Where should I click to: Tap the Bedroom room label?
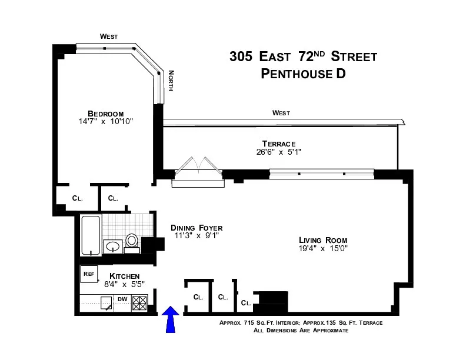(x=105, y=114)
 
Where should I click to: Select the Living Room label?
(x=322, y=240)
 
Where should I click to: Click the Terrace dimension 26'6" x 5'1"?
(x=278, y=152)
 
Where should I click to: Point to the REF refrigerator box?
(x=89, y=274)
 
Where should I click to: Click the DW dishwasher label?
(x=122, y=299)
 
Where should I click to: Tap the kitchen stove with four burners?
(x=139, y=303)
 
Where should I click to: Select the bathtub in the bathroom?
(x=90, y=236)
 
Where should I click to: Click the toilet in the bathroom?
(x=132, y=241)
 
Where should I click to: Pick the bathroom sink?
(x=112, y=246)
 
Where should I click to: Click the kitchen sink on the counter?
(x=106, y=303)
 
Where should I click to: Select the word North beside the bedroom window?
(x=171, y=81)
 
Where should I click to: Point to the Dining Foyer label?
(x=197, y=228)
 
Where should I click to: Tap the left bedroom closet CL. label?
(x=77, y=198)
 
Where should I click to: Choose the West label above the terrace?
(x=281, y=113)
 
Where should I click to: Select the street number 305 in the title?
(x=241, y=57)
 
